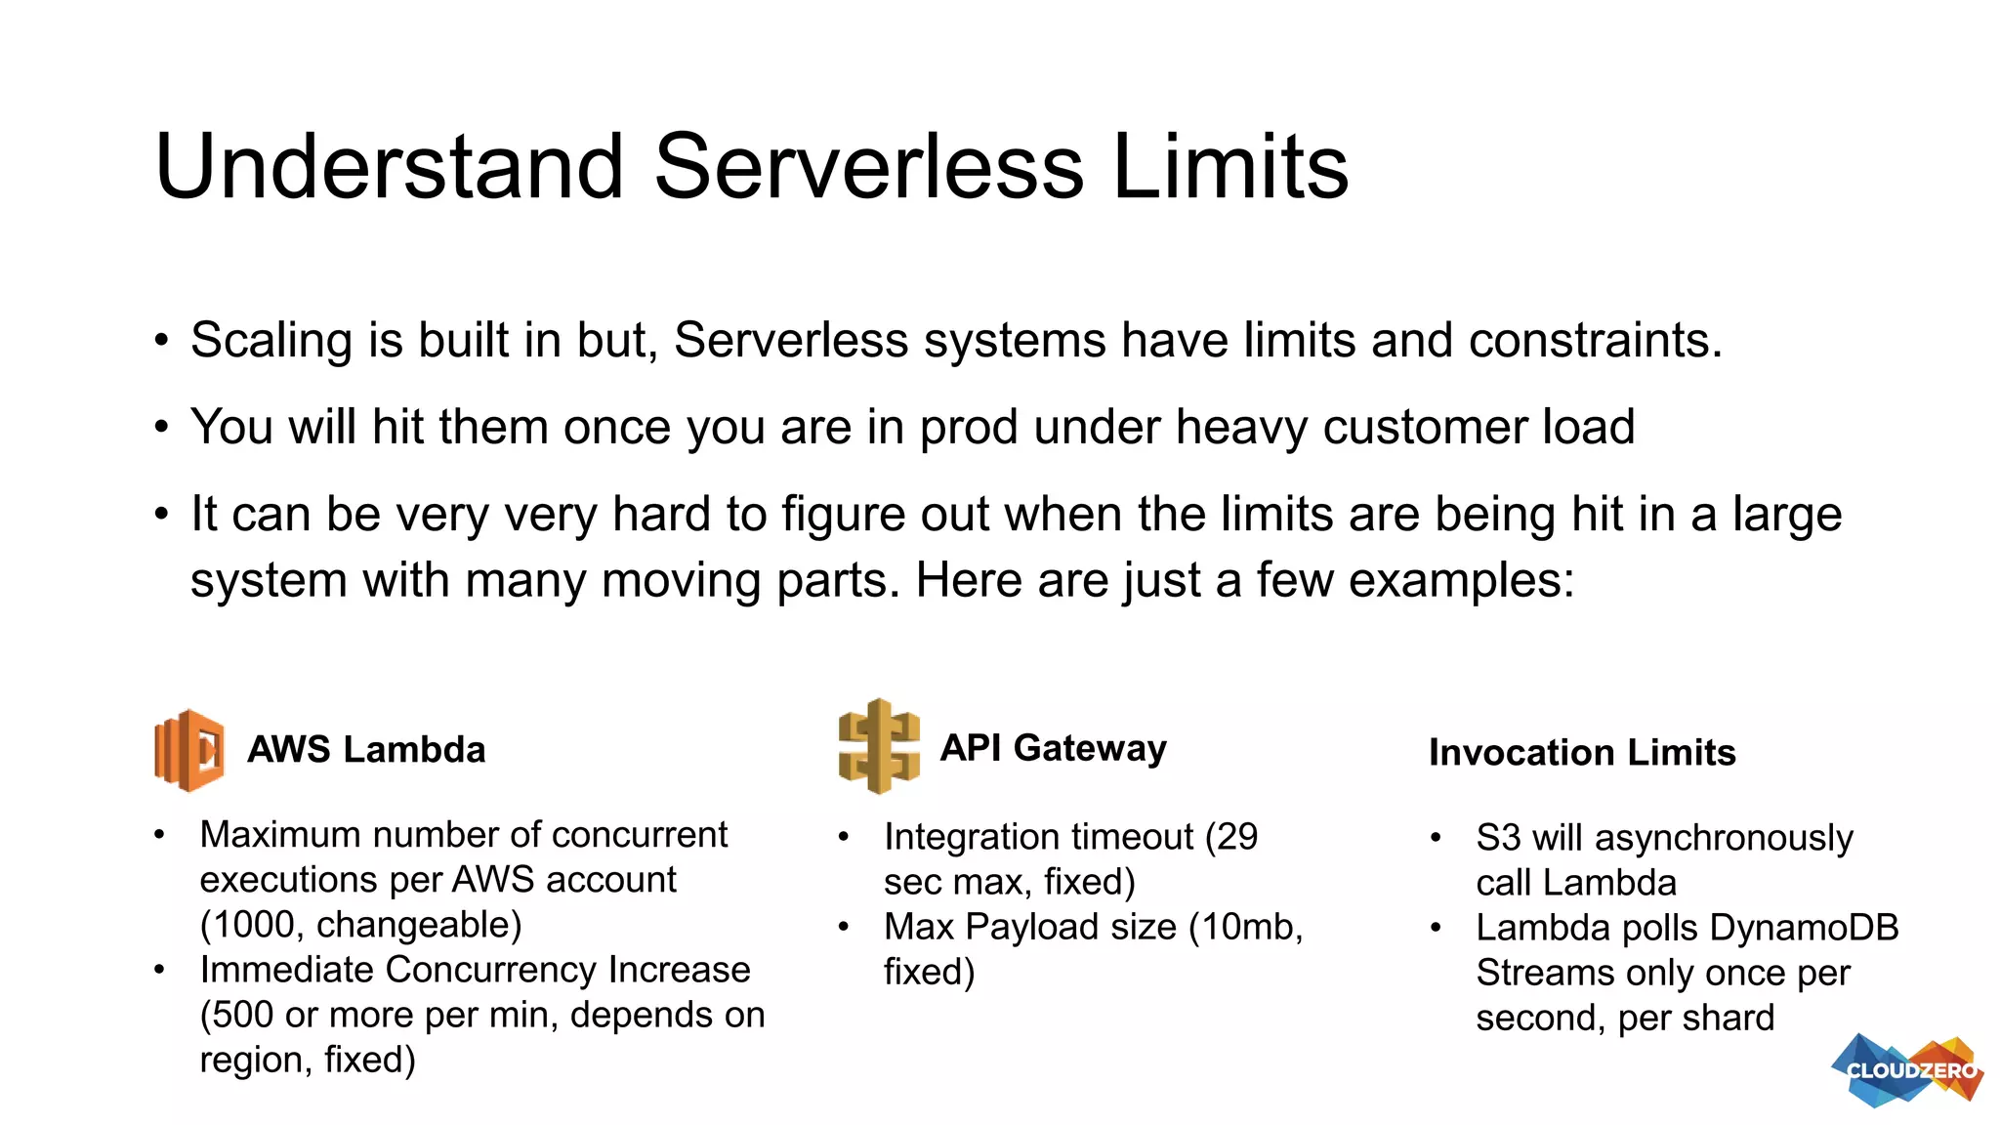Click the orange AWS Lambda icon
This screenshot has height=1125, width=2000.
(x=189, y=750)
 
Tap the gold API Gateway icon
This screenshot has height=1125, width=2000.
(x=879, y=747)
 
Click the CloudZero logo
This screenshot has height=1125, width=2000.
(x=1908, y=1070)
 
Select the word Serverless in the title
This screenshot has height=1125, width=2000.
(x=868, y=167)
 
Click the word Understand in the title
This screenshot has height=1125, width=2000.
(x=389, y=167)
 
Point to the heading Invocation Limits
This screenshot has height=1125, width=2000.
(x=1582, y=753)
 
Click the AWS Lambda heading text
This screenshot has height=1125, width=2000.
(x=366, y=750)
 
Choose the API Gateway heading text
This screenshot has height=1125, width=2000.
(x=1053, y=748)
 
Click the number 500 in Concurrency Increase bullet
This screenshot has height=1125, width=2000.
(x=243, y=1016)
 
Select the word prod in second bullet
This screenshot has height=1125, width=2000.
(x=968, y=428)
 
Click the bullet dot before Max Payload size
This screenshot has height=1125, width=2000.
(x=844, y=927)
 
